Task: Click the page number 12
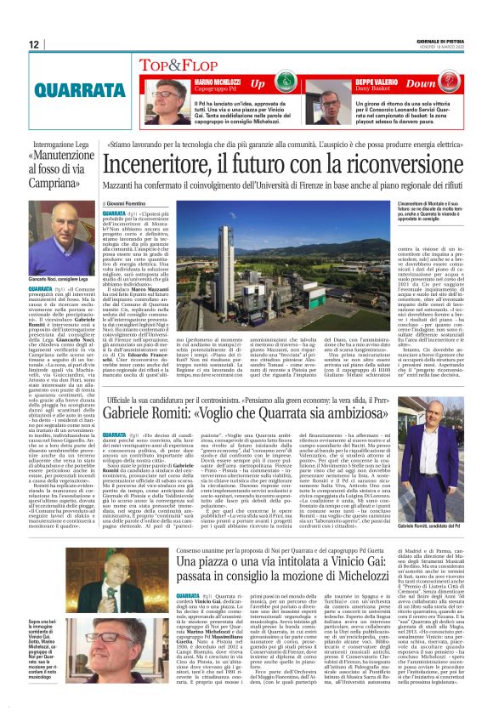[x=34, y=44]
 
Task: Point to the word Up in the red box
[x=258, y=82]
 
